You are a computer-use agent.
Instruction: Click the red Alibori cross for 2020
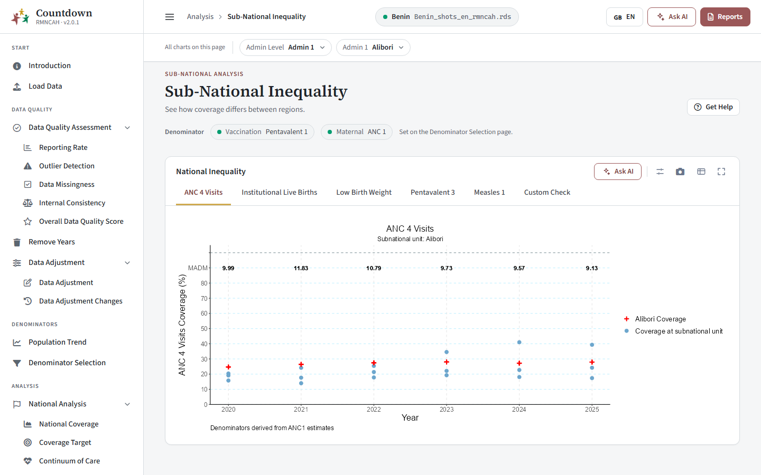[228, 367]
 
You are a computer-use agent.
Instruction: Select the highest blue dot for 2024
[519, 343]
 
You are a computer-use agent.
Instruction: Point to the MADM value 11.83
[301, 268]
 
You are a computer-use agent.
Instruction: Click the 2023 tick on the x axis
[447, 409]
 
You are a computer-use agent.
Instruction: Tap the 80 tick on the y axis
[204, 283]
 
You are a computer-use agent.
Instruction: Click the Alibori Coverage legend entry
[655, 319]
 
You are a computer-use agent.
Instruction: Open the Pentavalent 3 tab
[432, 192]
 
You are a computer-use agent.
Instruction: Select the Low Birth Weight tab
[364, 192]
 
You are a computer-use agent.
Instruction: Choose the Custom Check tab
[547, 192]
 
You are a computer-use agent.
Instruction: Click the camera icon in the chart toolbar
[680, 172]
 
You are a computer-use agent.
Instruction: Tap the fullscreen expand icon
[721, 172]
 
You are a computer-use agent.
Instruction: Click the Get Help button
[713, 107]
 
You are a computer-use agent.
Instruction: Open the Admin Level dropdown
[285, 47]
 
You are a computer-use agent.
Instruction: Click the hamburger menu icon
[170, 17]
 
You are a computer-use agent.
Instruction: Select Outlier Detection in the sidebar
[67, 166]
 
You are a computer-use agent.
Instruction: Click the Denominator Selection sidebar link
[67, 363]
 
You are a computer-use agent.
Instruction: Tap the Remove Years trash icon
[17, 242]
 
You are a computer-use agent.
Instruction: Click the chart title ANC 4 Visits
[410, 229]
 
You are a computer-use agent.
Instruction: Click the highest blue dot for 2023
[447, 352]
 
